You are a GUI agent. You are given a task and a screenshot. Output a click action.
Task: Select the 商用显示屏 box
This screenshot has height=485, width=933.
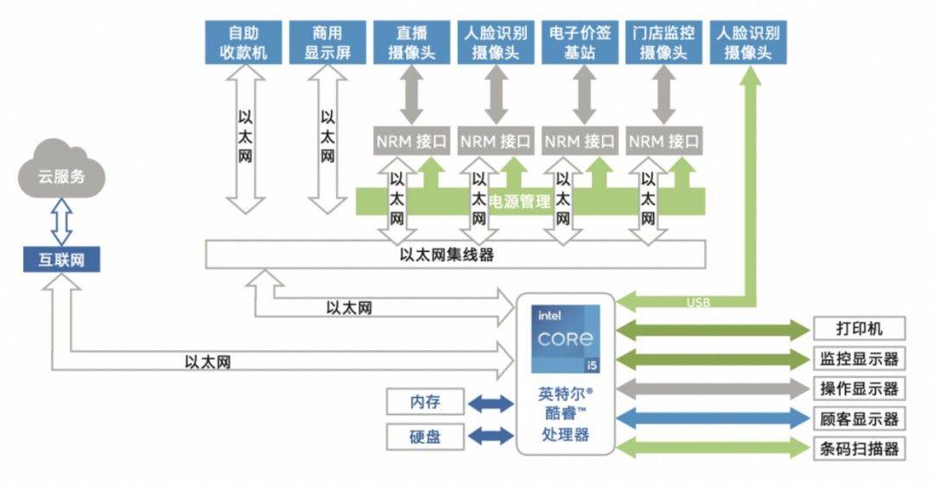point(327,42)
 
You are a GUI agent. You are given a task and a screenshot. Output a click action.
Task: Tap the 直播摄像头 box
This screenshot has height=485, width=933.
point(411,42)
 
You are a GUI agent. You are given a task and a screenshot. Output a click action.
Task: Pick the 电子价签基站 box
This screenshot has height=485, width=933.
point(580,42)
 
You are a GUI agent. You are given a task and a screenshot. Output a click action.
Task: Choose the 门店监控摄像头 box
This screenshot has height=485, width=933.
point(663,42)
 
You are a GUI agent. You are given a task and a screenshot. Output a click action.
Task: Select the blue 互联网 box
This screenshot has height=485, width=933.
point(61,259)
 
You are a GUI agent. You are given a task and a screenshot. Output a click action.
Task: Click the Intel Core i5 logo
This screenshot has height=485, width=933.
point(565,338)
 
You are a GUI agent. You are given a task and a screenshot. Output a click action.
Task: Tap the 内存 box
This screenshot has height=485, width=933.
point(425,402)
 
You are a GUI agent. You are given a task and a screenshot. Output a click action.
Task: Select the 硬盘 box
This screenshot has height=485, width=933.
point(425,437)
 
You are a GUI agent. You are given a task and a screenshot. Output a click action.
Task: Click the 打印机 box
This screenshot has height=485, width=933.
point(860,329)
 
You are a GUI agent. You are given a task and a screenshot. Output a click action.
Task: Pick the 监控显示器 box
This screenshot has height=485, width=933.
point(860,358)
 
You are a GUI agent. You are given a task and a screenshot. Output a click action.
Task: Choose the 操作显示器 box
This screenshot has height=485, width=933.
point(860,388)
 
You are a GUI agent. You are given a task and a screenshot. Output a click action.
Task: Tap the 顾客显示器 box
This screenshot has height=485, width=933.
point(860,419)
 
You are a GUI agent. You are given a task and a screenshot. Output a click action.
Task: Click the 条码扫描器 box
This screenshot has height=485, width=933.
point(860,449)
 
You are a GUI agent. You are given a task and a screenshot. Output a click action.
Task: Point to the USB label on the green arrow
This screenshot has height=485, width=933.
point(698,302)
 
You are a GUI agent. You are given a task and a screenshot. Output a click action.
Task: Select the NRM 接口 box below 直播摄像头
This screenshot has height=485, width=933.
point(411,141)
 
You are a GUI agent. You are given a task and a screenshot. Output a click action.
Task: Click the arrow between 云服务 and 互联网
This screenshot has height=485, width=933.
point(60,222)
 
